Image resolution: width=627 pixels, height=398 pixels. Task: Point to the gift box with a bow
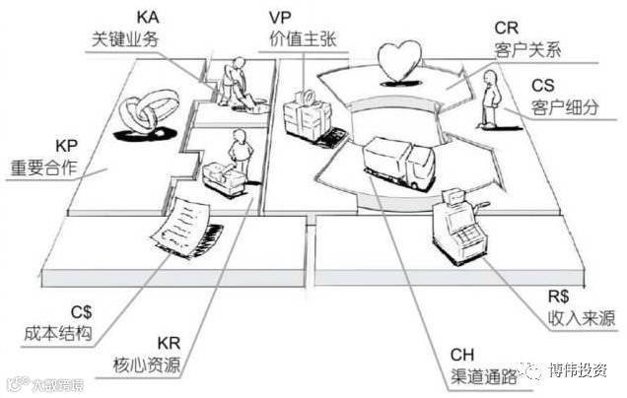306,114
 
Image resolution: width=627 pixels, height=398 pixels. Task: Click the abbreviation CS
544,85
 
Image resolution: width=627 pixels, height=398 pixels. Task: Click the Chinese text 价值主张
301,38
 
